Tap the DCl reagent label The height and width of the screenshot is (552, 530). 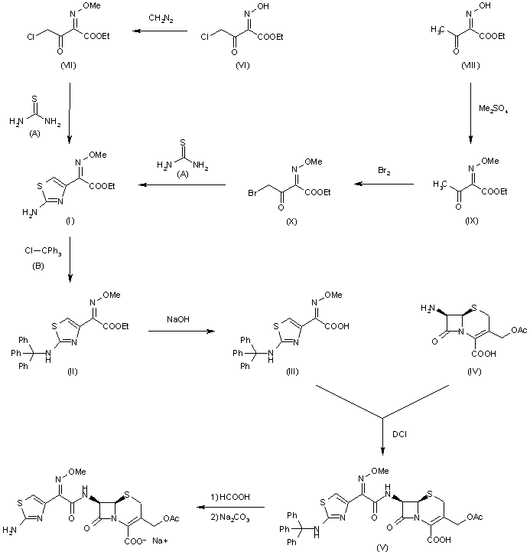pos(399,434)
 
